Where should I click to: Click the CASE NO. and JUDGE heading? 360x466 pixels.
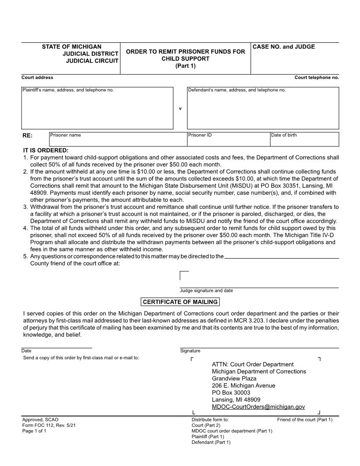284,47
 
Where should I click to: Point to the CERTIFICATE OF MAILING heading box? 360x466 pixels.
180,302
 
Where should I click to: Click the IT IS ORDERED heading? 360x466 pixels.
46,150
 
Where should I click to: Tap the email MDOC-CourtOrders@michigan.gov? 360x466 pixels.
258,407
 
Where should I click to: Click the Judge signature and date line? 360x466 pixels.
259,287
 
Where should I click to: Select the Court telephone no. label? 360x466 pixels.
316,78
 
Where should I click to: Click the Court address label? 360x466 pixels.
37,78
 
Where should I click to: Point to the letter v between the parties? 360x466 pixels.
180,109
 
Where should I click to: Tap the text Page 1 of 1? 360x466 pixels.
34,431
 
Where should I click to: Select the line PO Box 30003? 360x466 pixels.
231,393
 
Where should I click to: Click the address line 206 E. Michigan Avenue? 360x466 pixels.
243,386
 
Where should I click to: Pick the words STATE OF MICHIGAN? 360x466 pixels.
71,47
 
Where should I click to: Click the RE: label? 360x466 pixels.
28,135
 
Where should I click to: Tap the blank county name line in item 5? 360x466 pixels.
282,257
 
